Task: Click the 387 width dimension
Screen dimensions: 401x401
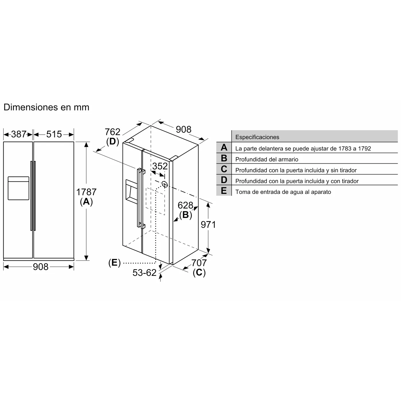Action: coord(19,134)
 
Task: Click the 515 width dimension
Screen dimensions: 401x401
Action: coord(54,134)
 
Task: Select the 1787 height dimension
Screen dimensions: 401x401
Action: coord(86,192)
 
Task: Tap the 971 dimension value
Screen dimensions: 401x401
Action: coord(208,225)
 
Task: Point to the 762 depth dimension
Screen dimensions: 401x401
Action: coord(113,132)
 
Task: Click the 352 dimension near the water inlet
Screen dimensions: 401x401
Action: coord(160,166)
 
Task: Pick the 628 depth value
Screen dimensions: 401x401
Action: coord(185,205)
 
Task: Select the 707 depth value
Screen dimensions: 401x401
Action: coord(199,262)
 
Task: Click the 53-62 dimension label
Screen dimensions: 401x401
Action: coord(145,273)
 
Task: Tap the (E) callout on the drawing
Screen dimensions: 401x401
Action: coord(114,263)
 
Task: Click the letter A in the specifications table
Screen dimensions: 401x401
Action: coord(224,147)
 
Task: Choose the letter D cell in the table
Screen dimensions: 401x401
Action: coord(224,180)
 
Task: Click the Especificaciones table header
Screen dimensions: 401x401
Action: coord(257,137)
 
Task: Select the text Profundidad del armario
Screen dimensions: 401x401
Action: coord(267,159)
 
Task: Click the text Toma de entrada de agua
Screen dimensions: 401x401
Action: coord(283,192)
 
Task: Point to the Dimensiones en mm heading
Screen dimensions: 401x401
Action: coord(46,107)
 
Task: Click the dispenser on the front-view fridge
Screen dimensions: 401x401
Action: coord(19,188)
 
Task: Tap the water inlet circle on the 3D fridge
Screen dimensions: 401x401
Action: coord(165,184)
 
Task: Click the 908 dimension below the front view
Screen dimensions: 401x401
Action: coord(40,267)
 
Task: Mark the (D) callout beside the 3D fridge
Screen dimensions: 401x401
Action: coord(112,141)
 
